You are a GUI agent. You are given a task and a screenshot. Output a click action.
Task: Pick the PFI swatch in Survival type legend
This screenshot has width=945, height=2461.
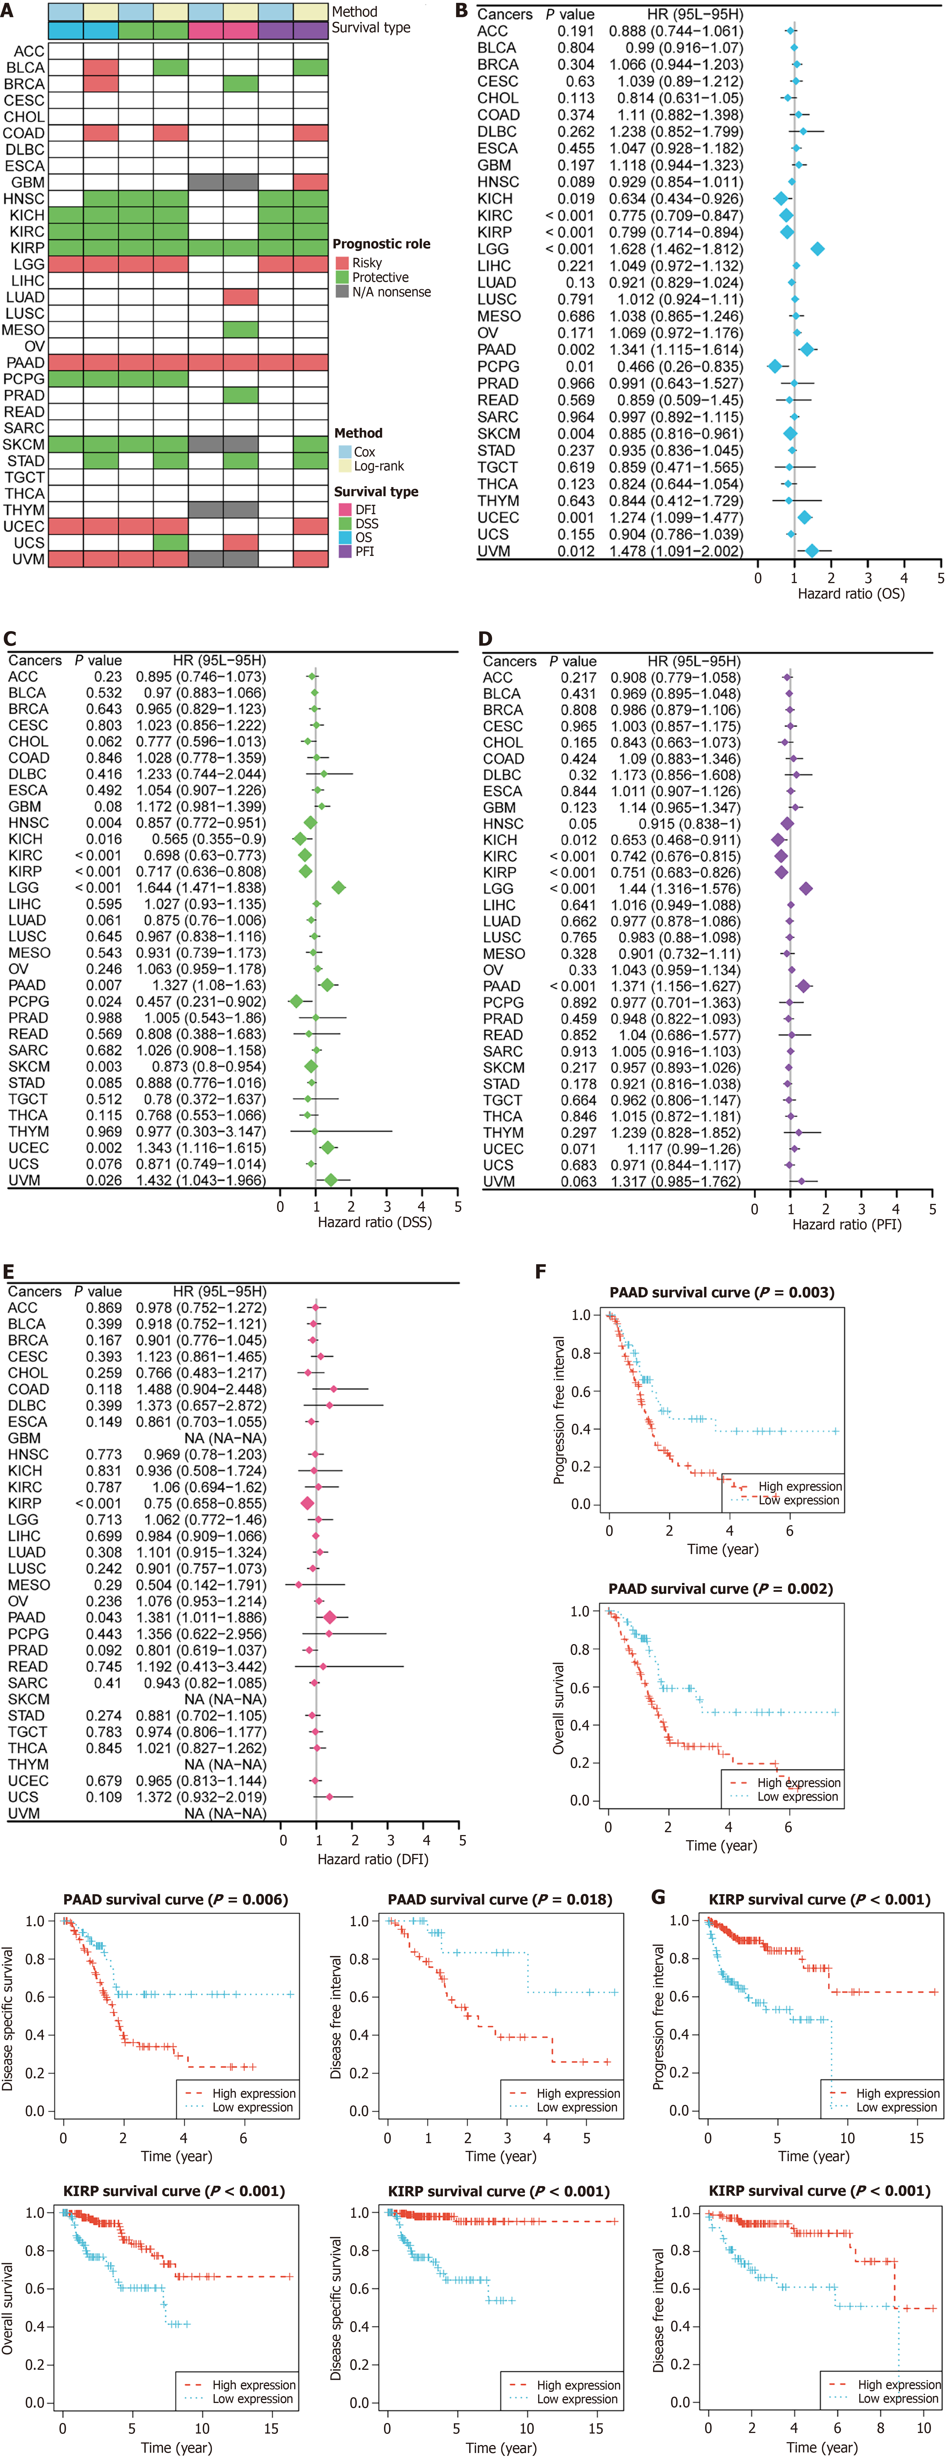click(345, 551)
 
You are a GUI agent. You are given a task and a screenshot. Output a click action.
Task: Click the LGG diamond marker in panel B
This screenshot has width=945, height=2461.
click(817, 248)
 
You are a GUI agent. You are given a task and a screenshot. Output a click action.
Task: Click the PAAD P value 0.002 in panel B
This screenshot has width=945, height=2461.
click(575, 350)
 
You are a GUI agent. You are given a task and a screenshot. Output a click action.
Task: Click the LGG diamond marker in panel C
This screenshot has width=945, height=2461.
click(338, 888)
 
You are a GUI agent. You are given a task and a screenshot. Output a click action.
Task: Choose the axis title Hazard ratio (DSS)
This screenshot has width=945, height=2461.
click(375, 1222)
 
